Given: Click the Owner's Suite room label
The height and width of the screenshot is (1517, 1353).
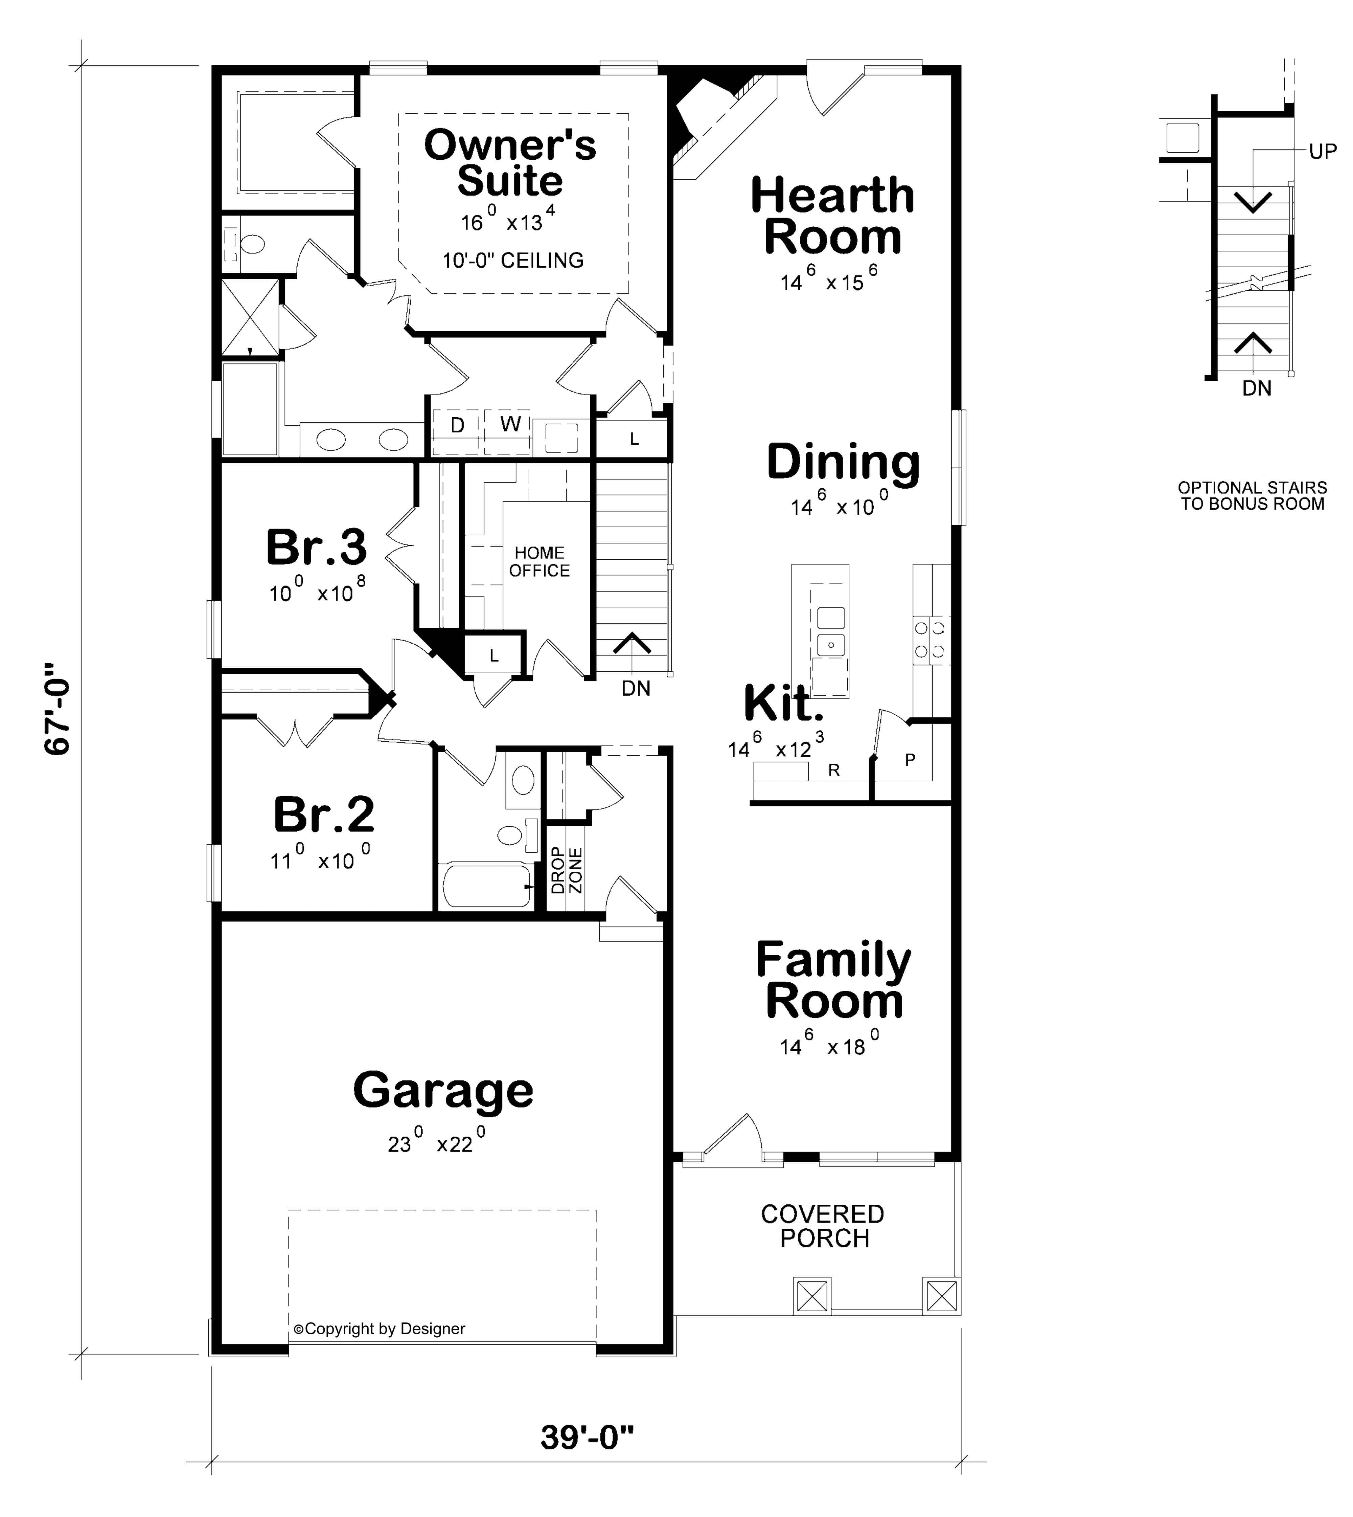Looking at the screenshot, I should point(510,163).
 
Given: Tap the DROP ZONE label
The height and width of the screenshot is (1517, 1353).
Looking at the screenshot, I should point(567,870).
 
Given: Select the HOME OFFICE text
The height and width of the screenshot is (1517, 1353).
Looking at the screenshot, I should point(540,561).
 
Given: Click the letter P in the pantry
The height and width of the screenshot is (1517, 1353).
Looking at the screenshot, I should point(910,760).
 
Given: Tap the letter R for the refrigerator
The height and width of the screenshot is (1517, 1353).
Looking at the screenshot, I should point(834,771).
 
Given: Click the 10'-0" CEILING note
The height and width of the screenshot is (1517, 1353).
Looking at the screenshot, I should point(513,260).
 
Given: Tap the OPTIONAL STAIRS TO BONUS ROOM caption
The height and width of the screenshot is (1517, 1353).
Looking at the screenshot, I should point(1253,496).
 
